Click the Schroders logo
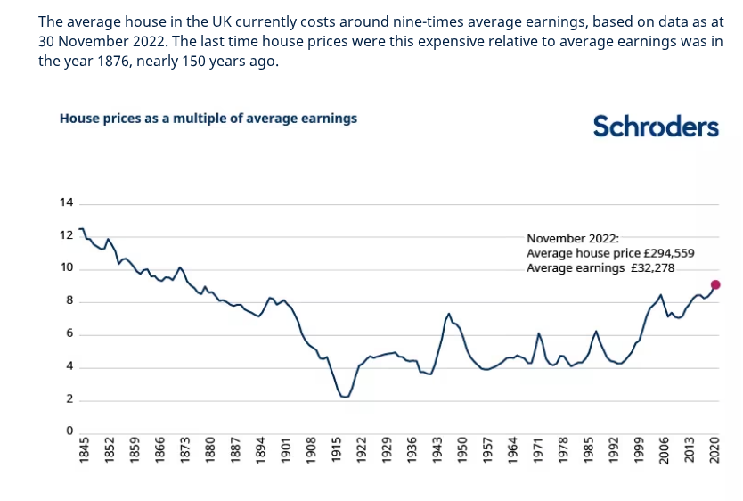click(656, 127)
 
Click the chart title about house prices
click(208, 118)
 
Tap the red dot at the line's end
click(715, 284)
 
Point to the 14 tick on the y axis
click(66, 202)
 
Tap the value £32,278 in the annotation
click(661, 267)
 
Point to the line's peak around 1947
click(449, 314)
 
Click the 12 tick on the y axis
click(66, 235)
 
